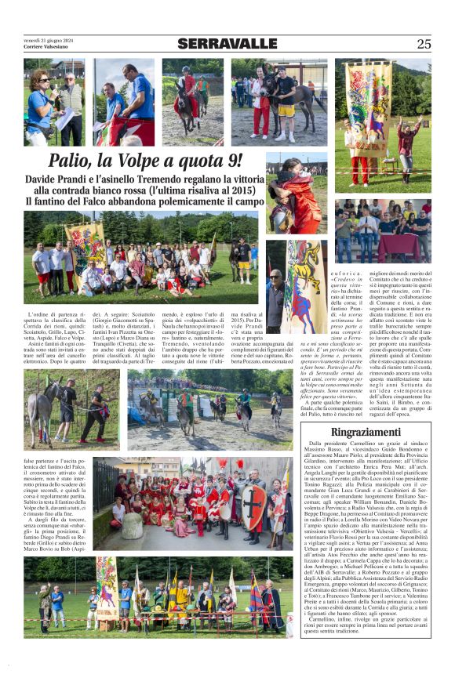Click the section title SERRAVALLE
(x=227, y=44)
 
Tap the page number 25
(x=423, y=44)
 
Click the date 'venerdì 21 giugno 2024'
(x=47, y=40)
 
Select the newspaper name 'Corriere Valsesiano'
(x=45, y=47)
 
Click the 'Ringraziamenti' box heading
(x=366, y=432)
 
